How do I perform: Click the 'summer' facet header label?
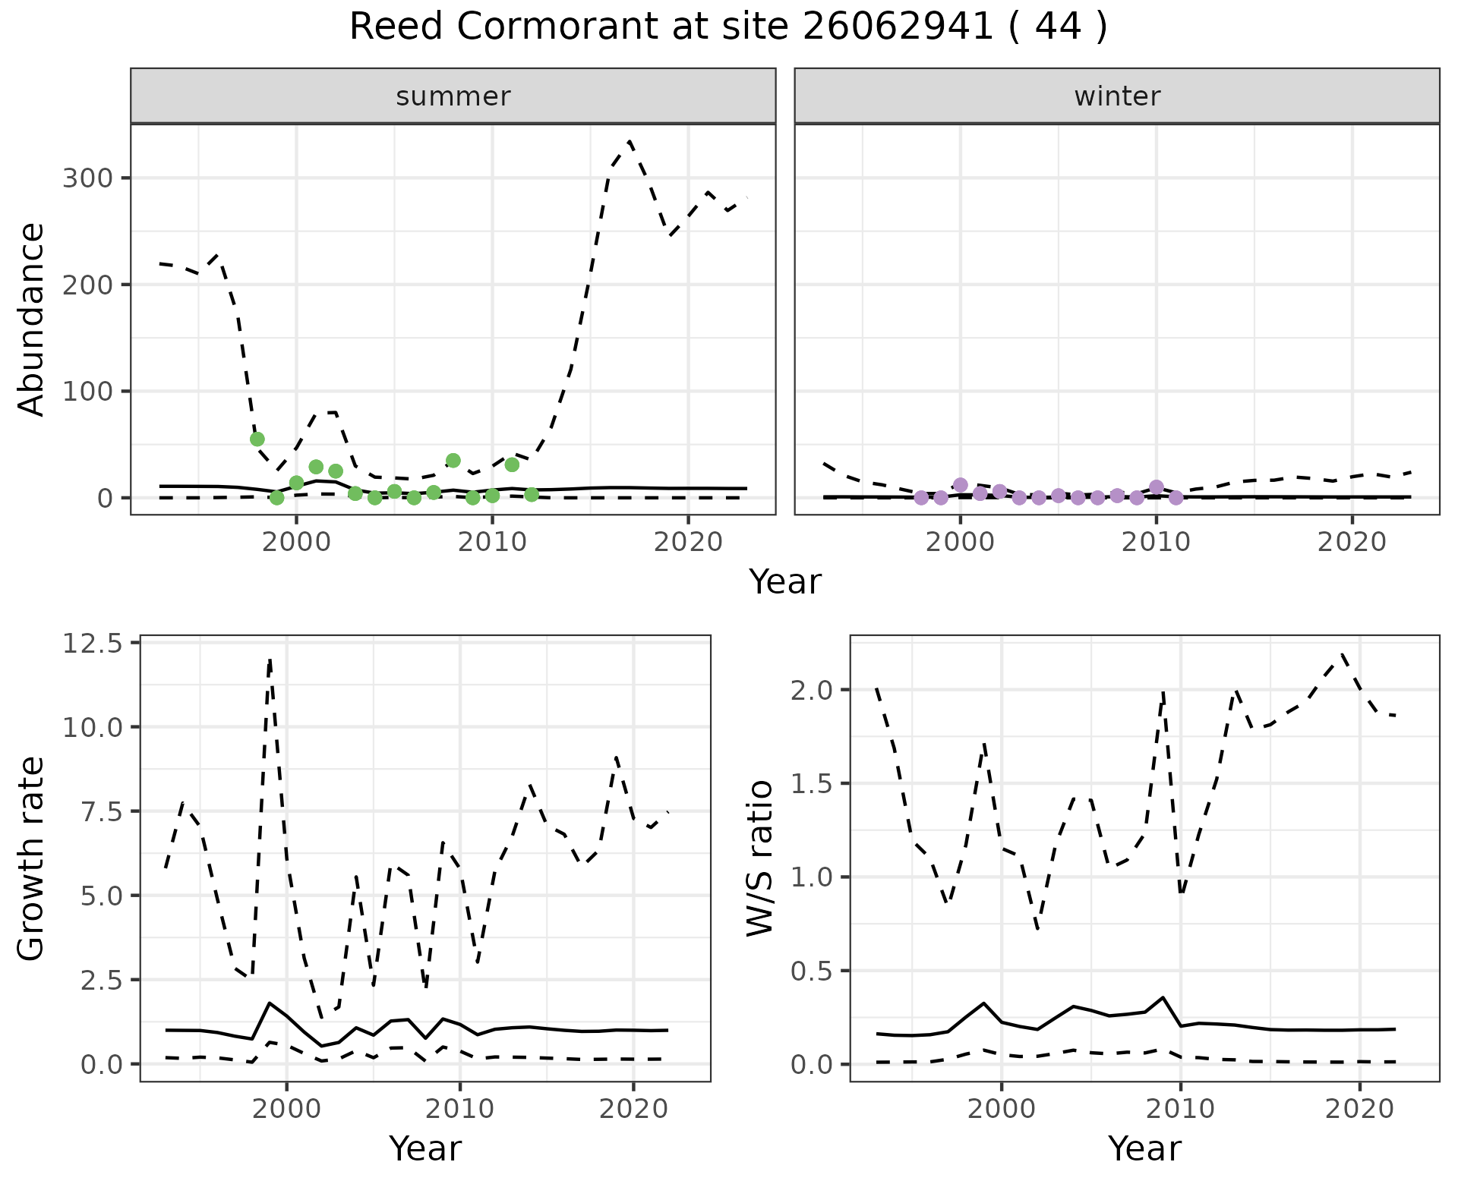point(453,96)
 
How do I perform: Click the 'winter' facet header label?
point(1117,96)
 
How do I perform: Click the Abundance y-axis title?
point(32,319)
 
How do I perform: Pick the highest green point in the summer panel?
point(257,439)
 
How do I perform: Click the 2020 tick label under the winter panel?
point(1352,543)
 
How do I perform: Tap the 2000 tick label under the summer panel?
point(296,543)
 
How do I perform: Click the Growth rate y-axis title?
point(32,858)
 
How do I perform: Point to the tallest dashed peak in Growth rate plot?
point(270,660)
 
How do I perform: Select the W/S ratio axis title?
point(760,858)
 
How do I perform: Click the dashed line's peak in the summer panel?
point(630,141)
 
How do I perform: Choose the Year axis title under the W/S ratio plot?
point(1144,1148)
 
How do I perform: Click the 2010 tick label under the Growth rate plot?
point(459,1109)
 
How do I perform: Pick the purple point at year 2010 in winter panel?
point(1157,487)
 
